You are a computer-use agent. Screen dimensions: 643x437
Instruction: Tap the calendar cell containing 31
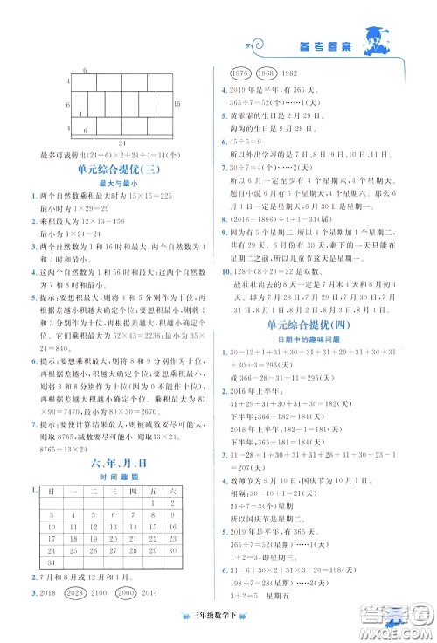pos(59,588)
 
